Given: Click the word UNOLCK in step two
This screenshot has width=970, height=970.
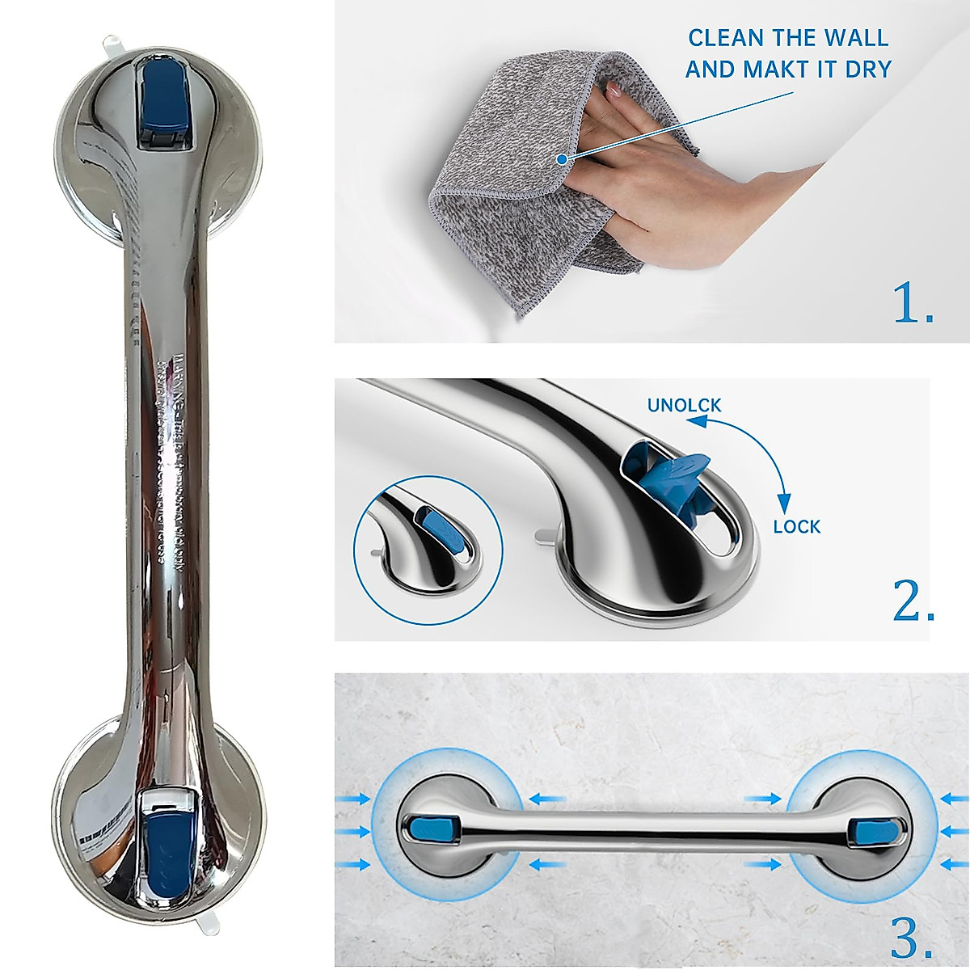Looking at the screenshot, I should pos(684,404).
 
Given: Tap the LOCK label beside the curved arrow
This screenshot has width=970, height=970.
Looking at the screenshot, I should pos(796,527).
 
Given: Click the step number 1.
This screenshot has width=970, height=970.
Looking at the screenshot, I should pos(914,306).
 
